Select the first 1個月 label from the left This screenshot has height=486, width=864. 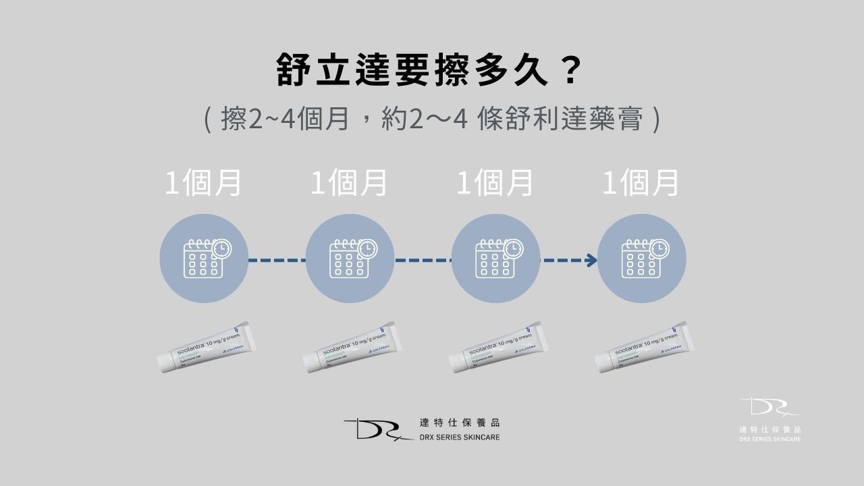pos(203,183)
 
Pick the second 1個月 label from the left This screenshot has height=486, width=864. pos(349,183)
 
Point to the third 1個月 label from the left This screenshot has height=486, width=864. pos(495,183)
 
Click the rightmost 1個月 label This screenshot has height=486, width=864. pos(641,183)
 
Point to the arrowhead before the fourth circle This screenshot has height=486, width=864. pos(591,260)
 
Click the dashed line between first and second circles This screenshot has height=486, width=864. pos(277,260)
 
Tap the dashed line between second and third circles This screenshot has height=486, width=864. pos(423,260)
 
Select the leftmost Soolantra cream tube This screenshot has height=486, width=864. pos(206,348)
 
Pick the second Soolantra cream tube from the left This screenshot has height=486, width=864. pos(352,348)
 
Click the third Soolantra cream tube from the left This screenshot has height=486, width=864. pos(498,348)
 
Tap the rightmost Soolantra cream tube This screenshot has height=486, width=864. pos(644,348)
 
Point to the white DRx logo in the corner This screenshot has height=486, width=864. pos(769,408)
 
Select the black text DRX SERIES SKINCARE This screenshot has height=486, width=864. pos(459,437)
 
